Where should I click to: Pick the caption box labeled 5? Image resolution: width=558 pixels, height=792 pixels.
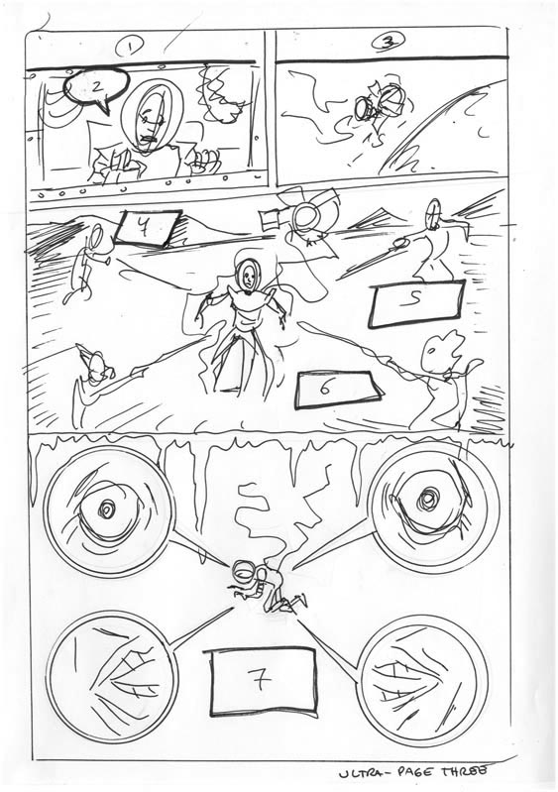point(415,304)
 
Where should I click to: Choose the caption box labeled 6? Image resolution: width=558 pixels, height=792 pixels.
point(337,388)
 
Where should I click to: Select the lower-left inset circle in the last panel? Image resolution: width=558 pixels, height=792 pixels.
point(105,667)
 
